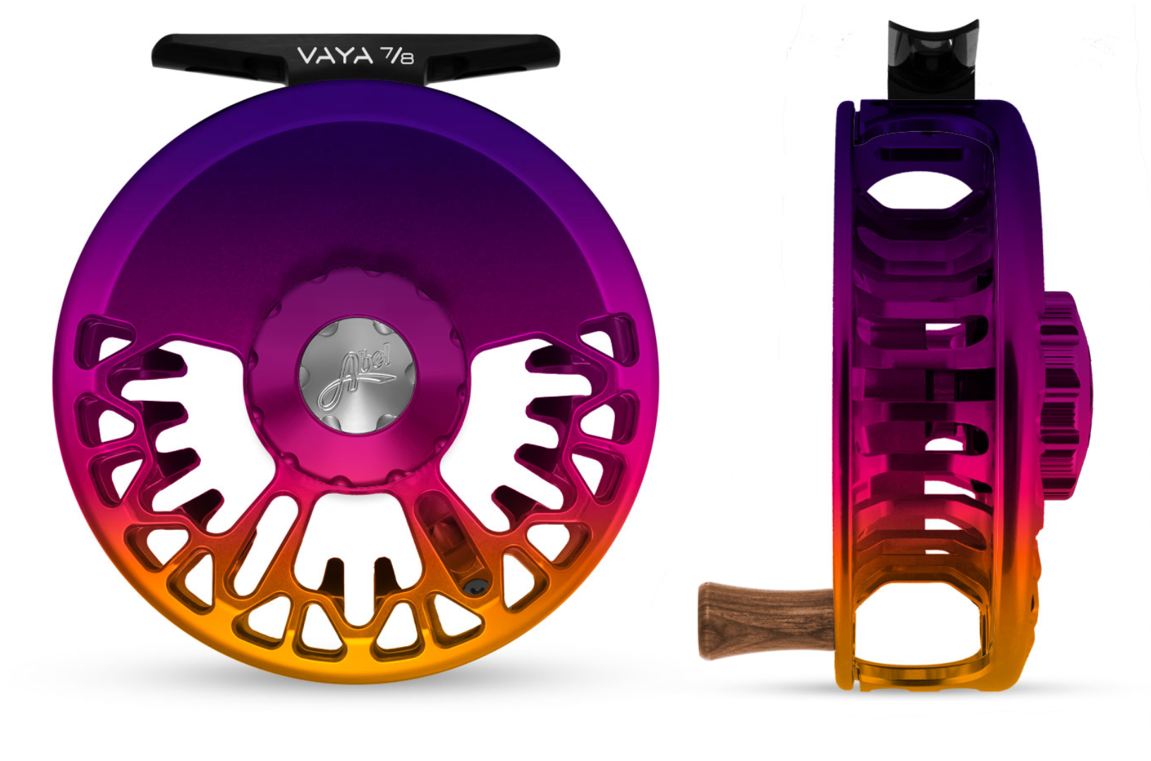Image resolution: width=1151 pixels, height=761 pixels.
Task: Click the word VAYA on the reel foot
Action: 328,56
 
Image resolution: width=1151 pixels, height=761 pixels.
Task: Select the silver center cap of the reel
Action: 358,376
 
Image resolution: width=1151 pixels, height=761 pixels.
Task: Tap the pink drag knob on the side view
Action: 1064,395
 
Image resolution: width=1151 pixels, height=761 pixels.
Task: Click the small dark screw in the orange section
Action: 476,588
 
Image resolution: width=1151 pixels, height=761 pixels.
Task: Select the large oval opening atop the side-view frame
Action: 919,190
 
